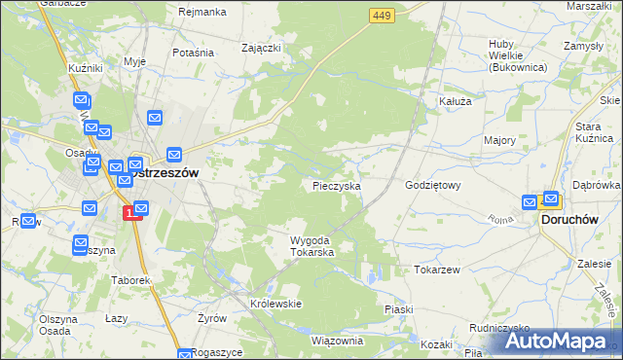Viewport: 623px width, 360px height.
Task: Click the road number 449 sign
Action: (x=382, y=15)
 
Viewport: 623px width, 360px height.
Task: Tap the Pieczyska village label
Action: (x=338, y=185)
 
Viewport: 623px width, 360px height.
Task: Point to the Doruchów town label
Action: (x=569, y=221)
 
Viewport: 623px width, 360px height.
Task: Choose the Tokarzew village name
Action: (x=436, y=270)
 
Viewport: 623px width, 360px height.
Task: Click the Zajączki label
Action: (x=262, y=46)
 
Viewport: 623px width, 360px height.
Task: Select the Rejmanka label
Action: (x=202, y=12)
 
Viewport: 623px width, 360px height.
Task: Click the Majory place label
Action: (x=499, y=141)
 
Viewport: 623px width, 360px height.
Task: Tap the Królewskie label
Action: (x=276, y=304)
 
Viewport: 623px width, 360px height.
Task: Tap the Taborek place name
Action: (x=129, y=280)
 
